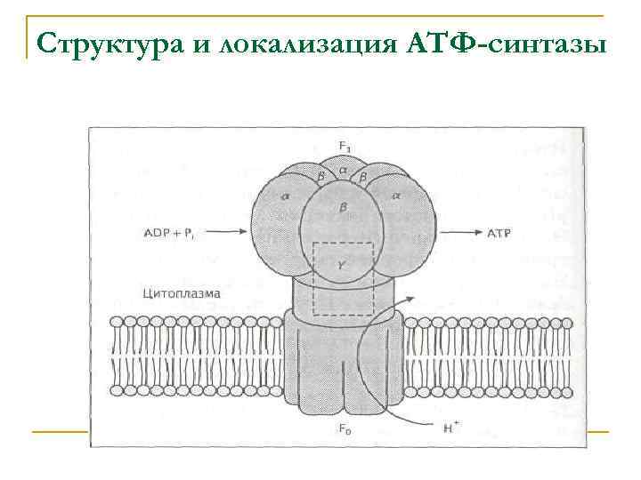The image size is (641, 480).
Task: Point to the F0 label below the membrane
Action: click(x=344, y=428)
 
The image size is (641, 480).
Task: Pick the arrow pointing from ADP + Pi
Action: click(x=226, y=233)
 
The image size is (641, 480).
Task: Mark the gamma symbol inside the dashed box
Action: click(x=343, y=264)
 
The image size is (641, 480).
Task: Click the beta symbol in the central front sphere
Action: click(x=343, y=206)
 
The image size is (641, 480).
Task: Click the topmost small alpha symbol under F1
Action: click(x=343, y=169)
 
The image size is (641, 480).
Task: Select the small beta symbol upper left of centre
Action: click(x=321, y=178)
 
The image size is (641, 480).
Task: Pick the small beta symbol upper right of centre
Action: click(x=362, y=178)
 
